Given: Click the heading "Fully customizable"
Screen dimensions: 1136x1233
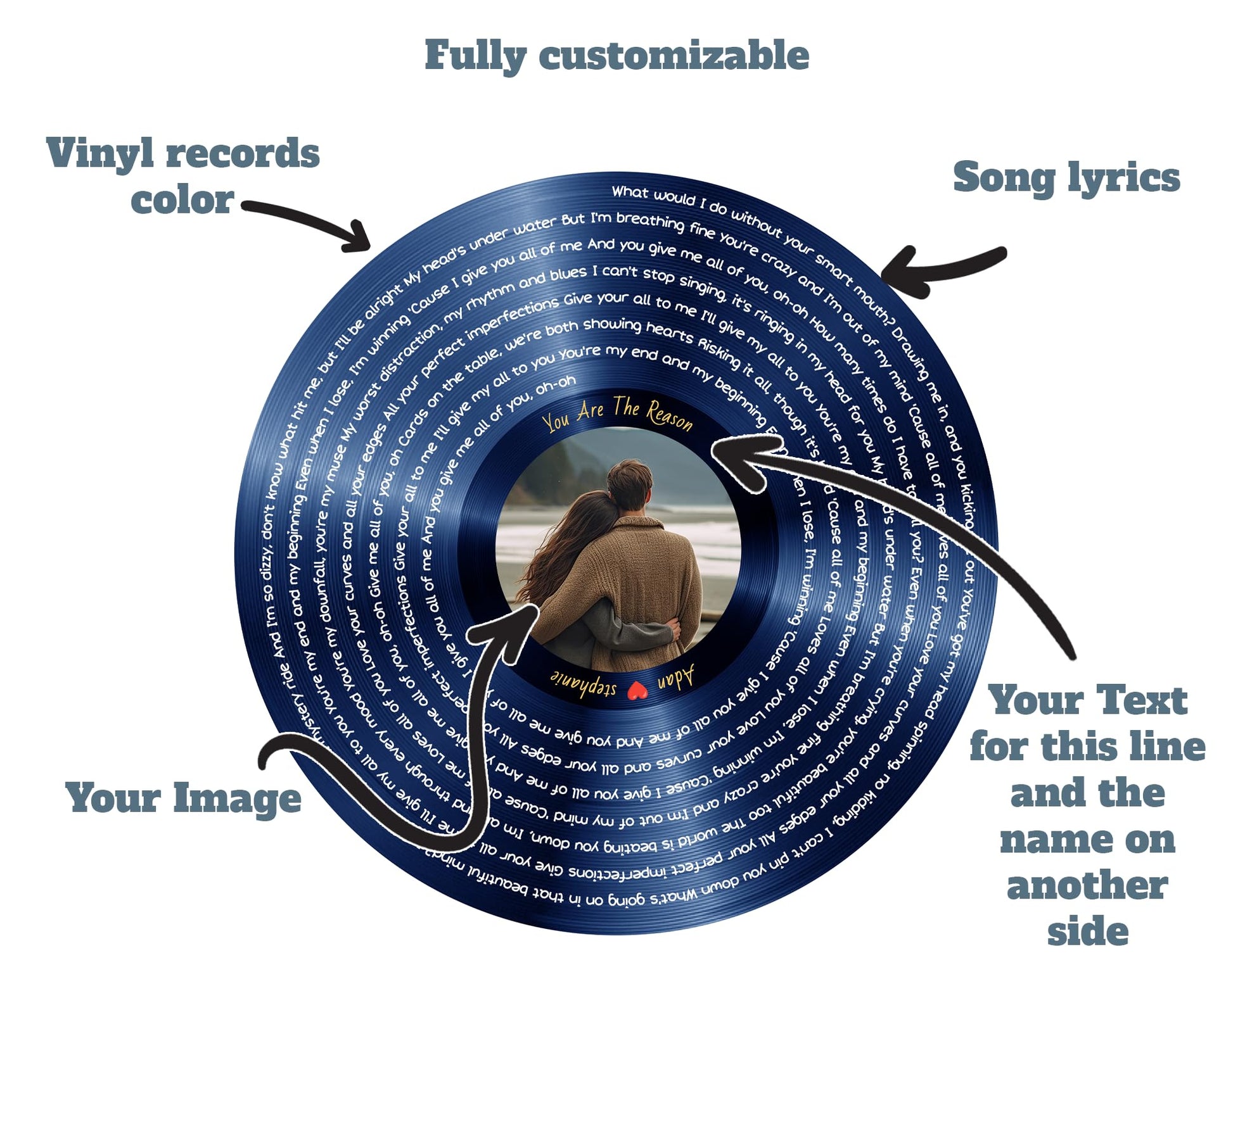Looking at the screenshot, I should click(x=616, y=56).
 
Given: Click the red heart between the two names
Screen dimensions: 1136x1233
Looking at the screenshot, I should click(x=636, y=691).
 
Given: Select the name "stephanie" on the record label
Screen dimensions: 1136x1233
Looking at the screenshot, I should click(x=584, y=683).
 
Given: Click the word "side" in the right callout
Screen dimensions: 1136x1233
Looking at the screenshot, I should click(x=1087, y=931).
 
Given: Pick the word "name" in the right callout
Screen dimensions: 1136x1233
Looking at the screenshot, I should click(x=1087, y=840).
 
